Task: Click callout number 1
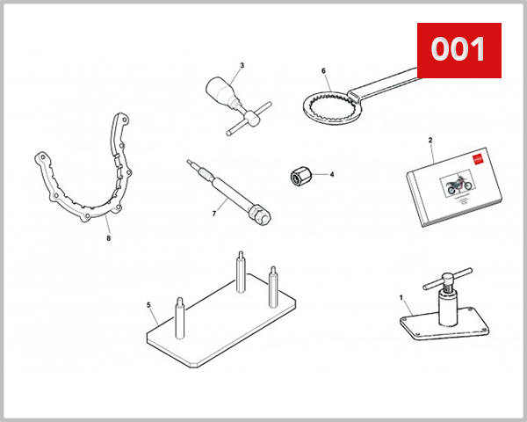tap(401, 297)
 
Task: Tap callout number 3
tap(242, 65)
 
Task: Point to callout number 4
tap(332, 174)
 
